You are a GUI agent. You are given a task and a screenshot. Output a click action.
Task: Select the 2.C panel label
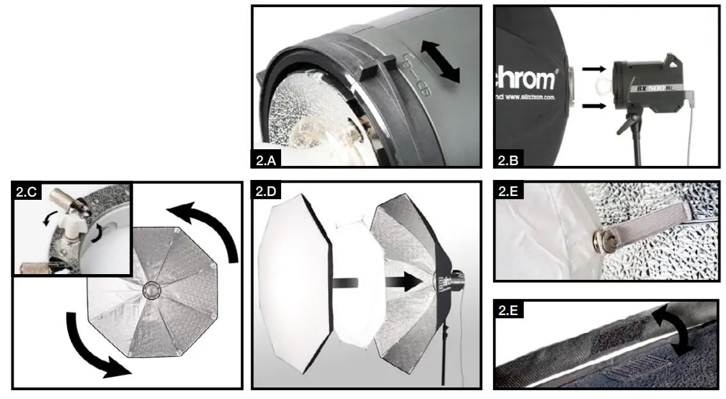[26, 191]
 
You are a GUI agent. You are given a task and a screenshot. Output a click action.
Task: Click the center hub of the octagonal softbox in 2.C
[152, 289]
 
